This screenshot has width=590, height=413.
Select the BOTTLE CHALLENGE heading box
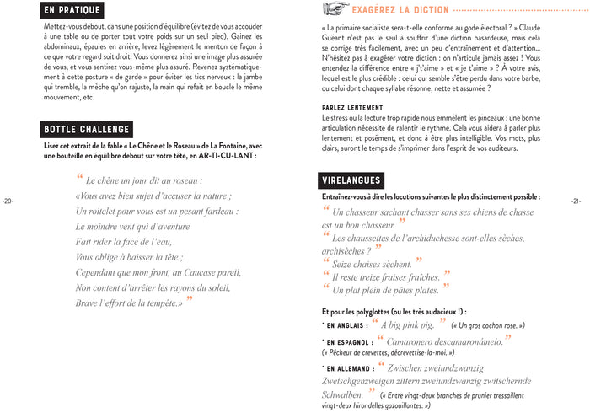pyautogui.click(x=86, y=129)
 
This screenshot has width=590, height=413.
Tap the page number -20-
pyautogui.click(x=8, y=201)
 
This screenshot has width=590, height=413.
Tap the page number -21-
pyautogui.click(x=576, y=201)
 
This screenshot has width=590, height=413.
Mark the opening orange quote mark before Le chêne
pyautogui.click(x=81, y=179)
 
